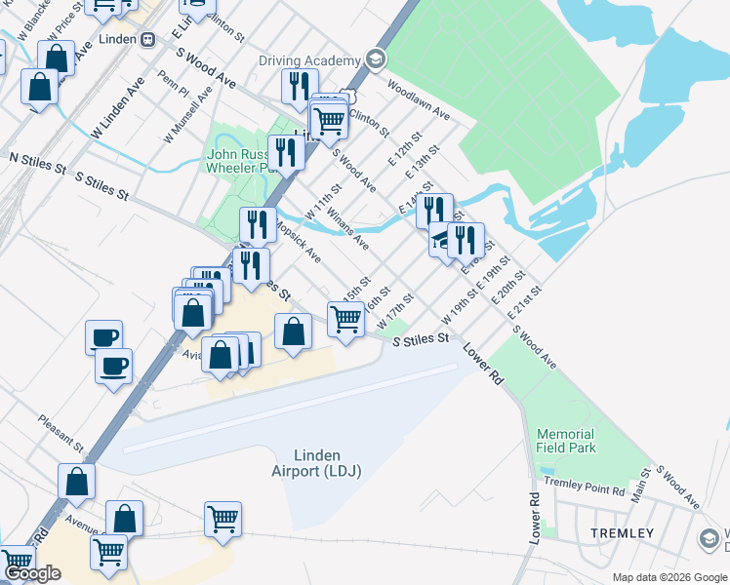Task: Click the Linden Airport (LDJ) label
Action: pos(316,463)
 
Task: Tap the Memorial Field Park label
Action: pos(565,441)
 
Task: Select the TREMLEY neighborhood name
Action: pos(622,533)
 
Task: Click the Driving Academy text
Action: pos(309,61)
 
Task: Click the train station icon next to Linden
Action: pos(148,40)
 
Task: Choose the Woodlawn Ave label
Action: pos(418,97)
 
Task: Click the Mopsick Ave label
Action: pos(298,240)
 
